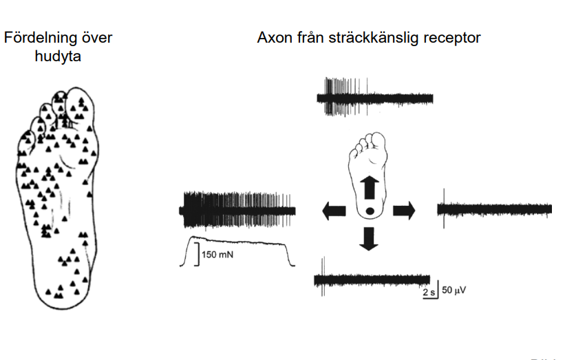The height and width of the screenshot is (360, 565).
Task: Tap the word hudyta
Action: point(58,56)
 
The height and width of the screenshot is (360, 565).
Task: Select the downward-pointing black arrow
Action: point(370,238)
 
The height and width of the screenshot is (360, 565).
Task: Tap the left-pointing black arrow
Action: point(334,211)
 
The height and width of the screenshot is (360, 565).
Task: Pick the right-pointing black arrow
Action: point(404,211)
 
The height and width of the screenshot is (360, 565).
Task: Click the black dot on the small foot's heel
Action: point(370,211)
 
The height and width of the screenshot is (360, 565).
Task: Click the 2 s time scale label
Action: point(428,292)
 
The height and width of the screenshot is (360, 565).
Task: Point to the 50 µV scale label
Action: point(454,290)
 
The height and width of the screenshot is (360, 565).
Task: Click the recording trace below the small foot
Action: point(372,279)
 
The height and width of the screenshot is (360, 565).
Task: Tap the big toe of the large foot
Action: point(81,107)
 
